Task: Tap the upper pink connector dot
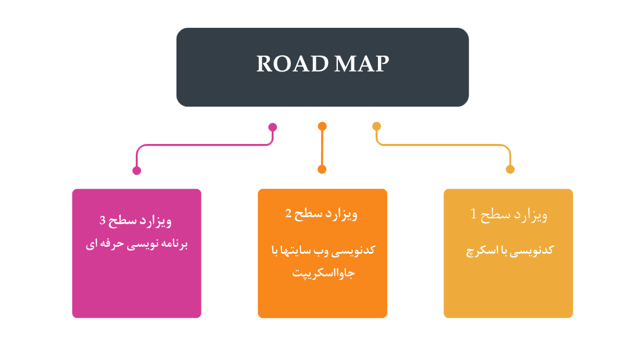coord(272,127)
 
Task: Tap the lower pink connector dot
coord(137,171)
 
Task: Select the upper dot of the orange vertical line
coord(322,126)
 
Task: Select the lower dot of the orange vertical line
coord(322,170)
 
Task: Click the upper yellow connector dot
coord(377,126)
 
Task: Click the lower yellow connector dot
coord(510,170)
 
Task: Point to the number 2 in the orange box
coord(288,214)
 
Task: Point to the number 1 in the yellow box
coord(474,214)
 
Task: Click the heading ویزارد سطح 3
coord(136,221)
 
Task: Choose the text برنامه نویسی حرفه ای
coord(136,244)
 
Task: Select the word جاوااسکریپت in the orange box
coord(323,273)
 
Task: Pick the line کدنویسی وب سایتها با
coord(323,250)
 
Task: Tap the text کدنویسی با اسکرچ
coord(510,250)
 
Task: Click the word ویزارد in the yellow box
coord(532,215)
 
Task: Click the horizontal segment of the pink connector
coord(203,145)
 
